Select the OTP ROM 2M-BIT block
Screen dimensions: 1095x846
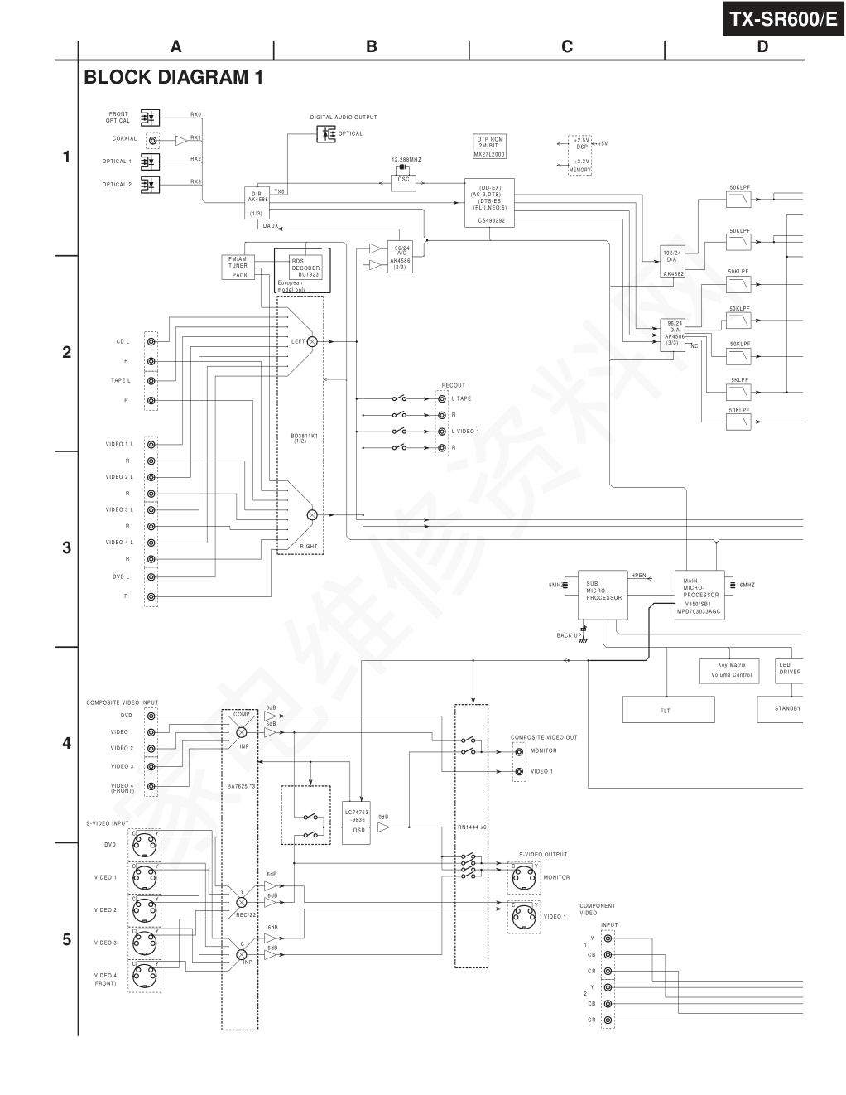point(489,147)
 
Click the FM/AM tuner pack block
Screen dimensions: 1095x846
point(238,267)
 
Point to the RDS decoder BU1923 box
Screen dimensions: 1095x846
point(305,267)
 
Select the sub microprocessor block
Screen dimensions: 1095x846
point(602,594)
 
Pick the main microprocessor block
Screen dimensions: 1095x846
point(700,596)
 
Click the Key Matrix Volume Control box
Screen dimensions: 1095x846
point(731,670)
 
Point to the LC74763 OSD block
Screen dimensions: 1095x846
point(357,822)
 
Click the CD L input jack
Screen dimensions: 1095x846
point(151,341)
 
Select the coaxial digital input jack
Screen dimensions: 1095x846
point(152,140)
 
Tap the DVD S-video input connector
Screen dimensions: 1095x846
point(146,845)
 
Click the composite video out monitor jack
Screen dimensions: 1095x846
point(519,751)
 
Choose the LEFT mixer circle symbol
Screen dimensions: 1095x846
point(312,341)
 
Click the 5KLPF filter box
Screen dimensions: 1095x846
point(739,388)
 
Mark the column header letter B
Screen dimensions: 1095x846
point(371,47)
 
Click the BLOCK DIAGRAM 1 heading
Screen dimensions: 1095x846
point(173,78)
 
